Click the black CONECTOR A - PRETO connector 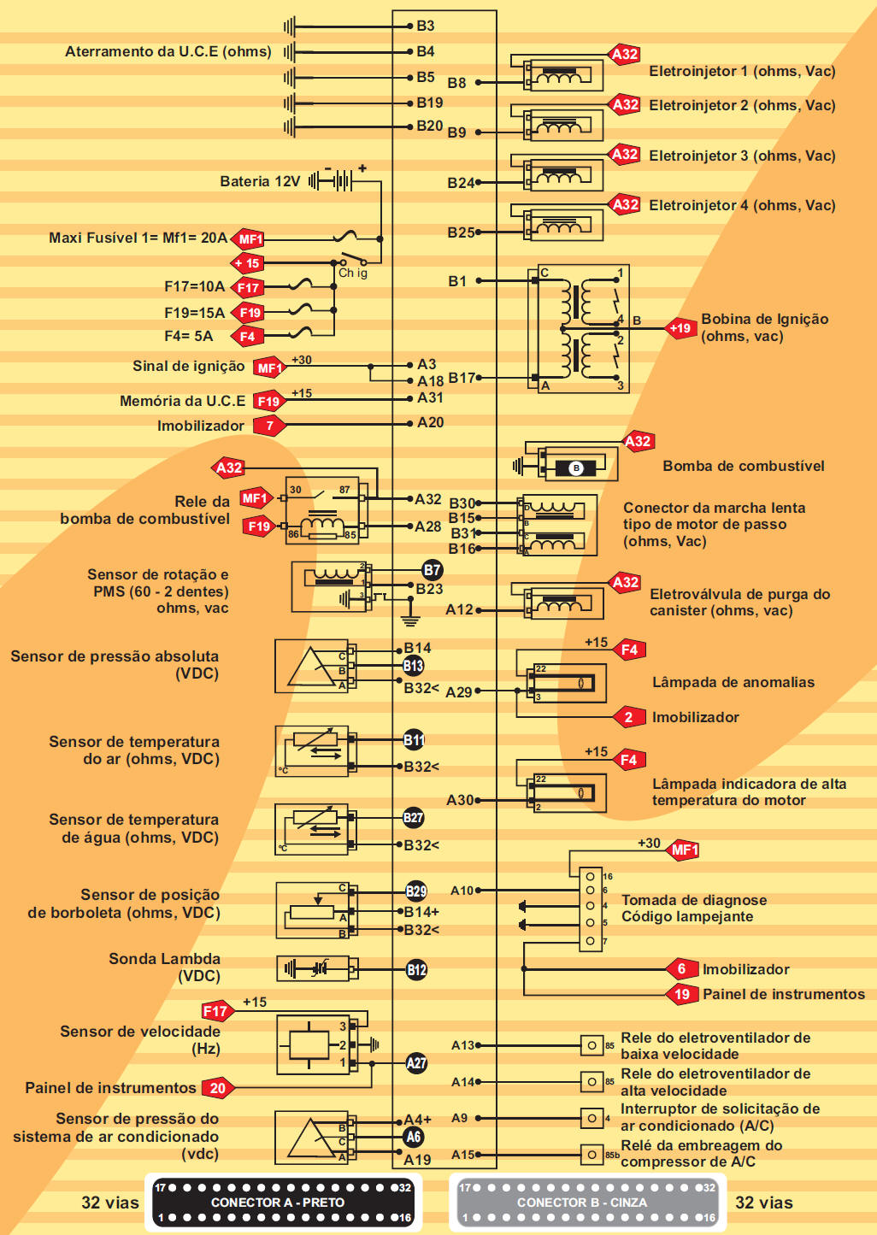pyautogui.click(x=282, y=1202)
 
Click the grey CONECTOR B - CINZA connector pyautogui.click(x=587, y=1202)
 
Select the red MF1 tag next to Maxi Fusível pyautogui.click(x=250, y=239)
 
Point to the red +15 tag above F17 pyautogui.click(x=247, y=263)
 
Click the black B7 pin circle pyautogui.click(x=432, y=570)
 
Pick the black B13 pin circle pyautogui.click(x=413, y=666)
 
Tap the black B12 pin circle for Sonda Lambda pyautogui.click(x=416, y=970)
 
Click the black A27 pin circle pyautogui.click(x=415, y=1063)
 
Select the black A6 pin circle pyautogui.click(x=414, y=1137)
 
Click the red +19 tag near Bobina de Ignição pyautogui.click(x=680, y=328)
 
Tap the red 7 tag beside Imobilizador pyautogui.click(x=270, y=426)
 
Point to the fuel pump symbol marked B pyautogui.click(x=575, y=468)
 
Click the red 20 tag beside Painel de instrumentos pyautogui.click(x=218, y=1088)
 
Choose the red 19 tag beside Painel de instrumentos pyautogui.click(x=681, y=994)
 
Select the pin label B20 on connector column pyautogui.click(x=429, y=126)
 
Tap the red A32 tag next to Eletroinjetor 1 pyautogui.click(x=625, y=55)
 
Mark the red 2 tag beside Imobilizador pyautogui.click(x=628, y=717)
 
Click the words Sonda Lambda pyautogui.click(x=164, y=959)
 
